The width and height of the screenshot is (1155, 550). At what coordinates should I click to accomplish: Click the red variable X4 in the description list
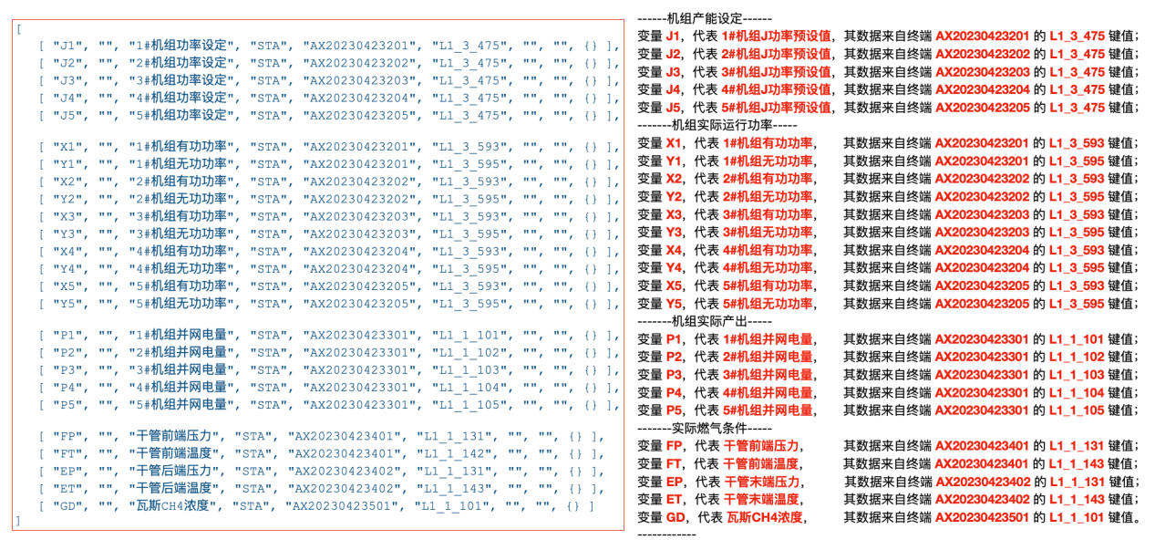coord(675,250)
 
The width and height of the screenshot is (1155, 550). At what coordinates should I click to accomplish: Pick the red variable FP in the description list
coord(675,446)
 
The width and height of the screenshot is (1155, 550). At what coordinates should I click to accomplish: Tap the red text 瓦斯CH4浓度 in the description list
coord(764,517)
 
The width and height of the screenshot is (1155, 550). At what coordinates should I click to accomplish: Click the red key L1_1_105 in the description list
coord(1077,410)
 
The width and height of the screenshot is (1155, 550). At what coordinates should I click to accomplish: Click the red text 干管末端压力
coord(762,482)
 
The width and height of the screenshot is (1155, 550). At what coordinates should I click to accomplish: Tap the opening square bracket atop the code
coord(16,28)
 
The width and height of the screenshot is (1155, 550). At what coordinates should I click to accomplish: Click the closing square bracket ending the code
coord(16,521)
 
